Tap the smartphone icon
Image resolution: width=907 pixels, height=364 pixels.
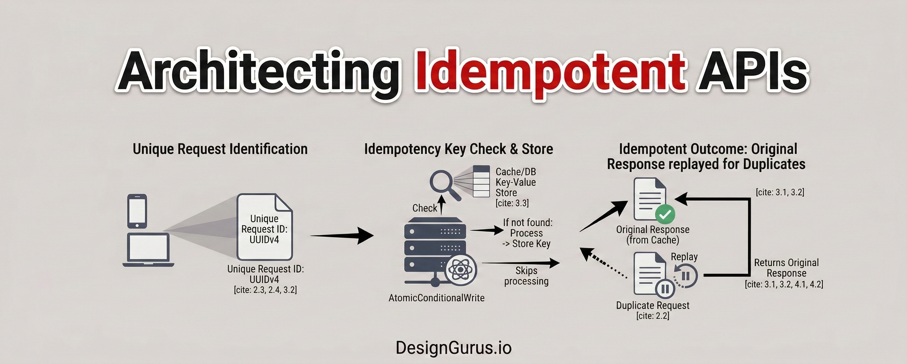tap(137, 211)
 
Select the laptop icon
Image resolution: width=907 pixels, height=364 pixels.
tap(148, 250)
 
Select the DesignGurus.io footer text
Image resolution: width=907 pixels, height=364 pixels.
tap(453, 347)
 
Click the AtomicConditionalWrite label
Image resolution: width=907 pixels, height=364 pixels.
tap(436, 298)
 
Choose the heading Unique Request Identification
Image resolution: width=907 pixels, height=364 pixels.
tap(220, 149)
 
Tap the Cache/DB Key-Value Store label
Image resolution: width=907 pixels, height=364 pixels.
tap(515, 182)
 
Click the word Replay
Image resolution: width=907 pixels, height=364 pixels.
tap(684, 257)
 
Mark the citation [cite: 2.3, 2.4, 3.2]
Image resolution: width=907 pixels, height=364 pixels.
tap(265, 290)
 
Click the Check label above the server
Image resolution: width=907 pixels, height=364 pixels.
tap(424, 208)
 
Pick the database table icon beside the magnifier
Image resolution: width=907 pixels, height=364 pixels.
tap(481, 181)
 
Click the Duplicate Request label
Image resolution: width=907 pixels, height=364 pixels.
tap(652, 305)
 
